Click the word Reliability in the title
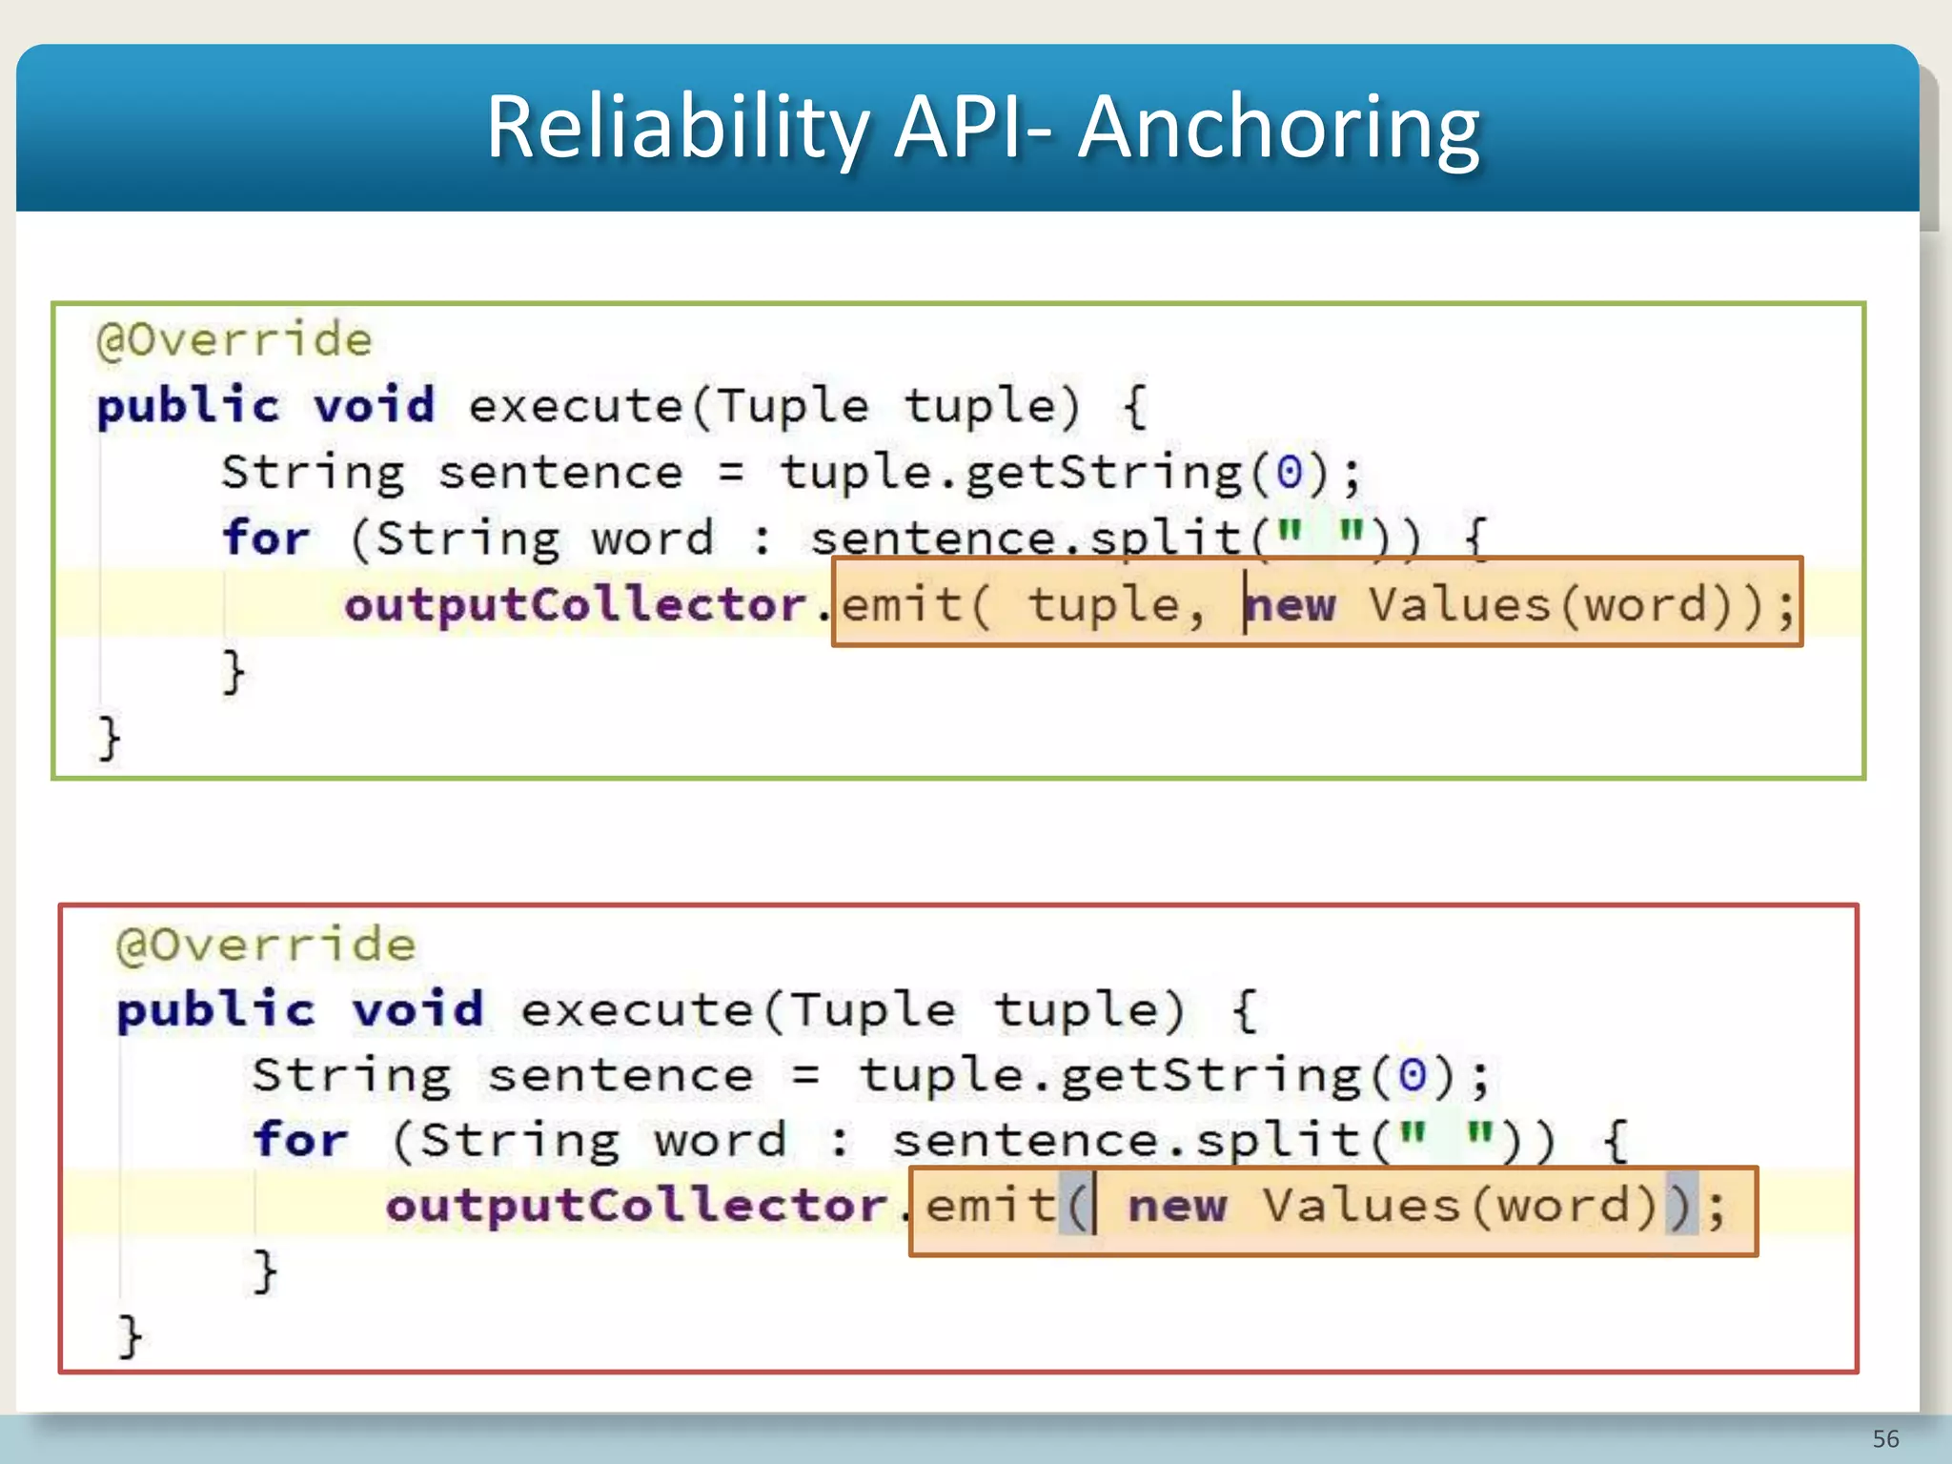pyautogui.click(x=678, y=128)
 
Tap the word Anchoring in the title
pyautogui.click(x=1279, y=128)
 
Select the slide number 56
pyautogui.click(x=1885, y=1438)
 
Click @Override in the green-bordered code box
pyautogui.click(x=234, y=340)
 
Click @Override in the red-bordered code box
pyautogui.click(x=266, y=945)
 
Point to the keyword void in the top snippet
pyautogui.click(x=375, y=406)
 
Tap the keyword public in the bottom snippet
pyautogui.click(x=214, y=1010)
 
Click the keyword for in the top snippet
pyautogui.click(x=266, y=538)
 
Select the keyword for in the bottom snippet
pyautogui.click(x=300, y=1140)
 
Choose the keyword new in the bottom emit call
pyautogui.click(x=1177, y=1207)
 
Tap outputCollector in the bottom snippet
pyautogui.click(x=637, y=1207)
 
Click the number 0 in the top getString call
pyautogui.click(x=1289, y=473)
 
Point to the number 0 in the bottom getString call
pyautogui.click(x=1412, y=1076)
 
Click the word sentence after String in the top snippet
pyautogui.click(x=560, y=473)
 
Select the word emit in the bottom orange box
pyautogui.click(x=991, y=1207)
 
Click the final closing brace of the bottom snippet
pyautogui.click(x=130, y=1336)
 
